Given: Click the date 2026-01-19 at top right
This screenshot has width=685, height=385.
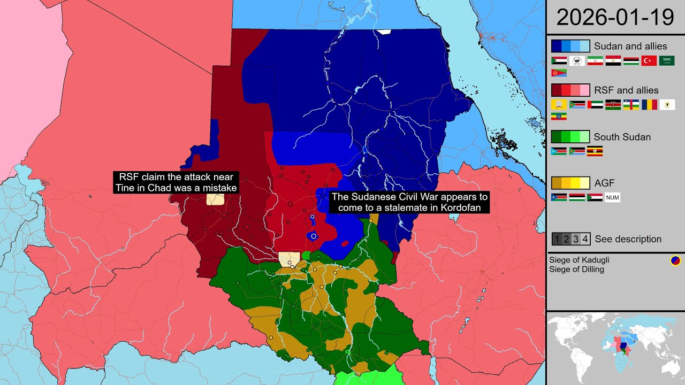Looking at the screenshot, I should coord(615,17).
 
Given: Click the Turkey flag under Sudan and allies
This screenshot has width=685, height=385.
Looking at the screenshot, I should coord(649,61).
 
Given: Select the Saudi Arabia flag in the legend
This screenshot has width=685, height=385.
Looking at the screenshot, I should coord(667,61).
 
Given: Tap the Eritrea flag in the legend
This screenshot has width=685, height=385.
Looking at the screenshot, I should coord(559,73).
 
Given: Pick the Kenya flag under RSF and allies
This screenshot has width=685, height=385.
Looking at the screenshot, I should coord(613,105).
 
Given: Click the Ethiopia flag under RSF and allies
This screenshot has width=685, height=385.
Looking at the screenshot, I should coord(559,117).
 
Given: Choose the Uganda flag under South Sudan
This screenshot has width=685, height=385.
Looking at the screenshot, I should coord(595,151).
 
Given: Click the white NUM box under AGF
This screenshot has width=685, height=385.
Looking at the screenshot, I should coord(612,198).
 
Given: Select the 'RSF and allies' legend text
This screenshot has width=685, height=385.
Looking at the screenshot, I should coord(626,90).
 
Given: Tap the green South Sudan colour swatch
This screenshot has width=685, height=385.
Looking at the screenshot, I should coord(570,137).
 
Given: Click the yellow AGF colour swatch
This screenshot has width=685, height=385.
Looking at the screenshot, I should coord(570,183).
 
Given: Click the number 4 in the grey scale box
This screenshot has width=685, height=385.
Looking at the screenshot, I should coord(585,239).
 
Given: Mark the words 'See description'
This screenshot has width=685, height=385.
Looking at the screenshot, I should coord(628,239).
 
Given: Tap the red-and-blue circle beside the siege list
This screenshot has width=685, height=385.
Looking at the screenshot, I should coord(675,261).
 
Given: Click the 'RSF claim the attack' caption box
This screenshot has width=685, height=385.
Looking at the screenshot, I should coord(176,182).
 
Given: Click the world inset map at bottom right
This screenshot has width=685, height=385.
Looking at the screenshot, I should coord(615,348).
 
